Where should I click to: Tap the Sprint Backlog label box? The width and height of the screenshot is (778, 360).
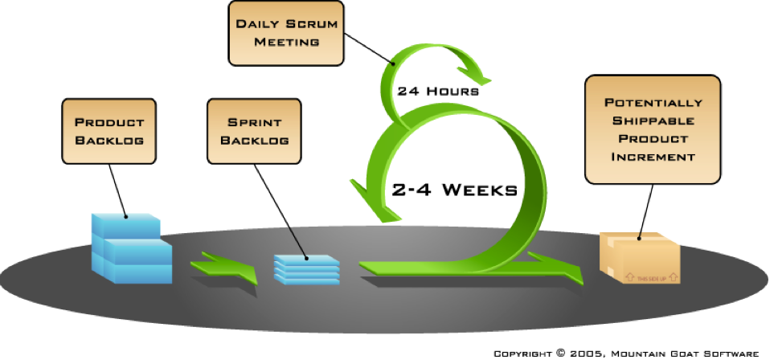[x=254, y=130]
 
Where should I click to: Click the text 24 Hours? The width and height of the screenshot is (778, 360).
[x=438, y=91]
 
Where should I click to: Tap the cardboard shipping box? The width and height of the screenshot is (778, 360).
[x=641, y=259]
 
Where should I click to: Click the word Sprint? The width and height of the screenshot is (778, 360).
[x=254, y=122]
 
